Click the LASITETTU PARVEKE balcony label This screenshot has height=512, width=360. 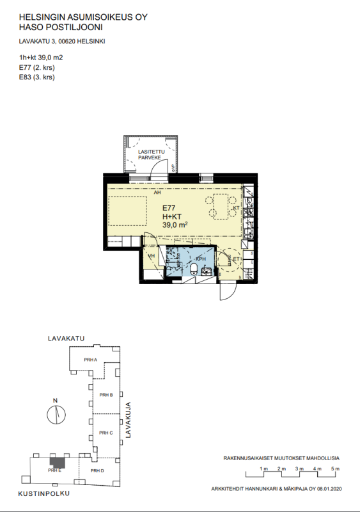pyautogui.click(x=152, y=156)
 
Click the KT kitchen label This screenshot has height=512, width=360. pyautogui.click(x=236, y=209)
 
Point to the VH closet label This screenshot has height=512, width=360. pyautogui.click(x=152, y=256)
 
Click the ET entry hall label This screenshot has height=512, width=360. pyautogui.click(x=235, y=259)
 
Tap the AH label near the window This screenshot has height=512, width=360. pyautogui.click(x=157, y=192)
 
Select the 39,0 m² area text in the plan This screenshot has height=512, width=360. pyautogui.click(x=175, y=225)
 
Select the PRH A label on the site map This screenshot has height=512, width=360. pyautogui.click(x=91, y=360)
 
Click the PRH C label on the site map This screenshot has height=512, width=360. pyautogui.click(x=106, y=433)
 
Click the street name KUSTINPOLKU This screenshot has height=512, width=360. pyautogui.click(x=44, y=494)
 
